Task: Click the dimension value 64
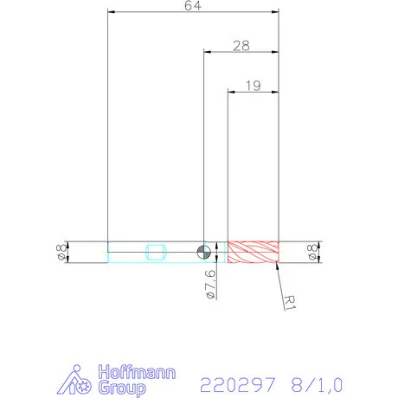coord(194,6)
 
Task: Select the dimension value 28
coord(241,46)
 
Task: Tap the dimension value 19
coord(254,85)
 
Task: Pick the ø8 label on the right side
coord(312,252)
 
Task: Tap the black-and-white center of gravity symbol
coord(203,252)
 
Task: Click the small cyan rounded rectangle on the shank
coord(157,252)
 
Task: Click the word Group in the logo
coord(120,388)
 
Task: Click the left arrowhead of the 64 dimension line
coord(111,12)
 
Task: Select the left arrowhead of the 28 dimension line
coord(207,52)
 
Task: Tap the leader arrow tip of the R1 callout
coord(277,262)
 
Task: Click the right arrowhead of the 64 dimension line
coord(276,12)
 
